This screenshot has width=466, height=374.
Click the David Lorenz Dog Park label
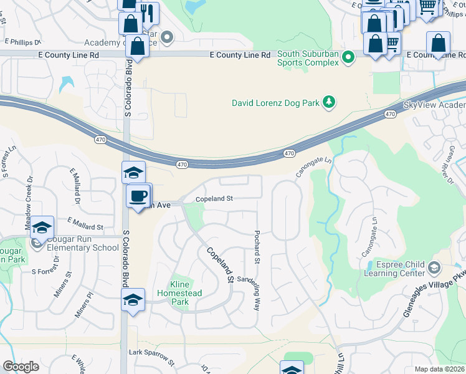[275, 103]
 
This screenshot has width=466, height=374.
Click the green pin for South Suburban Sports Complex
[348, 59]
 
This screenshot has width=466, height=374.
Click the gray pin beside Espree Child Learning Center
[434, 268]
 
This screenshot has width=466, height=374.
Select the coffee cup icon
[138, 195]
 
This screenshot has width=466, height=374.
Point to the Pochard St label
[256, 244]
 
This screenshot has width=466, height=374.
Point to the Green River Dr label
[448, 165]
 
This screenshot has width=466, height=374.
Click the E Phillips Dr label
[22, 42]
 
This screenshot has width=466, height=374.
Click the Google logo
[21, 367]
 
